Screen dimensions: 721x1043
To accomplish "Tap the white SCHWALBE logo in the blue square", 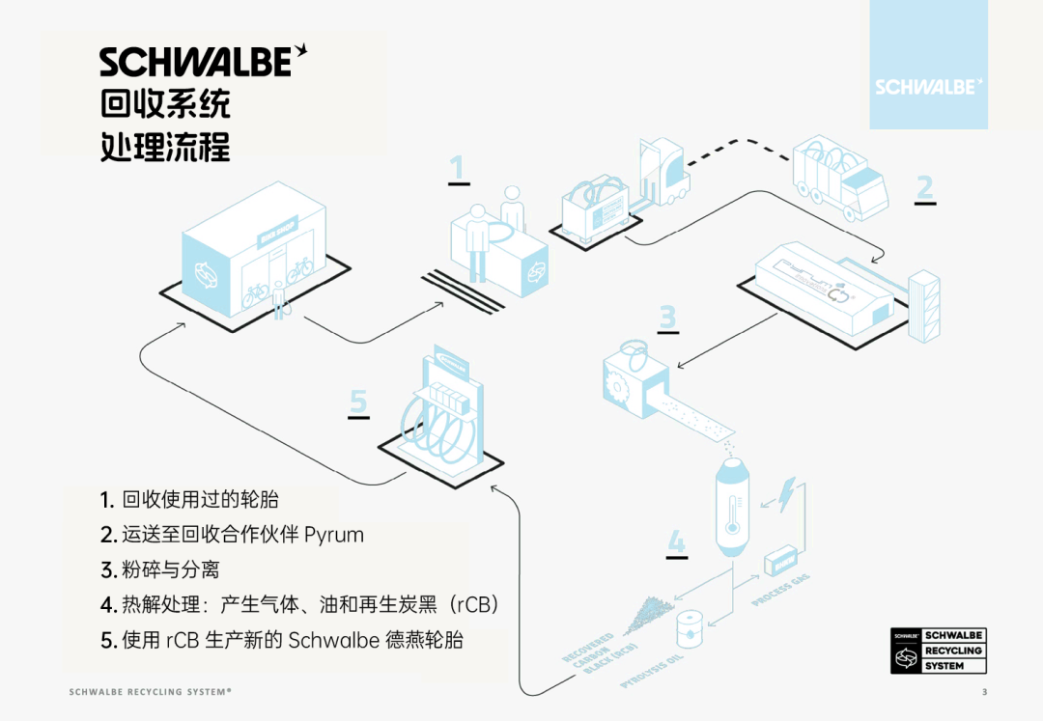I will click(928, 86).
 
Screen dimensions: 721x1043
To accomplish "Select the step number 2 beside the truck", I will click(925, 186).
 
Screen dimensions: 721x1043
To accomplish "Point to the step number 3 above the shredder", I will click(667, 317).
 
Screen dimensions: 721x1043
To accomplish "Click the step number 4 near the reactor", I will click(677, 541).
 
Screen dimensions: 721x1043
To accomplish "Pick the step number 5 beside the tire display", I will click(358, 401).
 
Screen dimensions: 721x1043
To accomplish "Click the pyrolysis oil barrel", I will click(690, 628).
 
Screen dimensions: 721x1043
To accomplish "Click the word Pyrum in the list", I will click(334, 535).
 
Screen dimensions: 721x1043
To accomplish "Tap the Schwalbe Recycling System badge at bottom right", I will click(939, 650).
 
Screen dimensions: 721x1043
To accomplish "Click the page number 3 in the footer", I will click(984, 692).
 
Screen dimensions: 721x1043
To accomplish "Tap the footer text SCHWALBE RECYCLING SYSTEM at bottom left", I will click(151, 692).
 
